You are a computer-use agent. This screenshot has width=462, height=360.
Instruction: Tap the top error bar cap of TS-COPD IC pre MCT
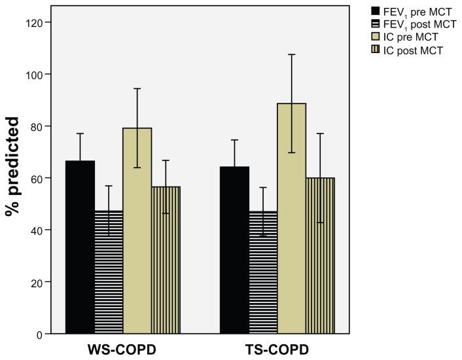coord(292,54)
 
